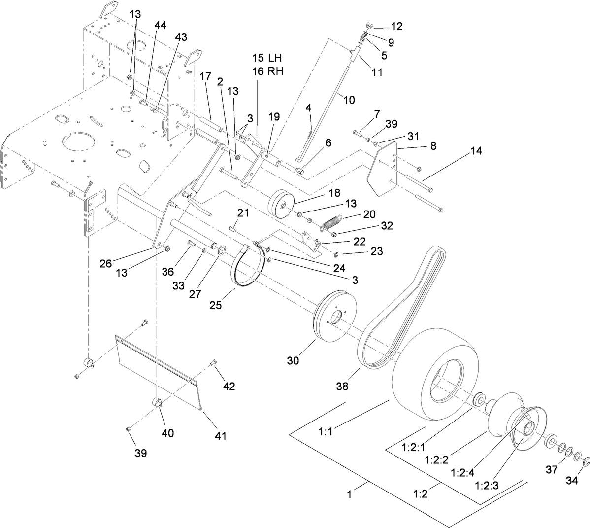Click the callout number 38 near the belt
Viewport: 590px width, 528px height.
click(342, 386)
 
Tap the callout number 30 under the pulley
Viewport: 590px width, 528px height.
click(294, 360)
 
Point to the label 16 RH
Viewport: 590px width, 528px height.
click(268, 71)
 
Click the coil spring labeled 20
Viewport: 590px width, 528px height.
click(331, 222)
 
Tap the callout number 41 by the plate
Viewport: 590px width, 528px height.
click(220, 435)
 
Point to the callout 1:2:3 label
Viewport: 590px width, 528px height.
click(488, 485)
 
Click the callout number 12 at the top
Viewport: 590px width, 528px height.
click(396, 27)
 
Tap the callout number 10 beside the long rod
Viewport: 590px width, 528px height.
click(349, 100)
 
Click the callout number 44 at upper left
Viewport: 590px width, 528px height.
click(160, 25)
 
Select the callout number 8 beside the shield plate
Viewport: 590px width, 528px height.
click(433, 146)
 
